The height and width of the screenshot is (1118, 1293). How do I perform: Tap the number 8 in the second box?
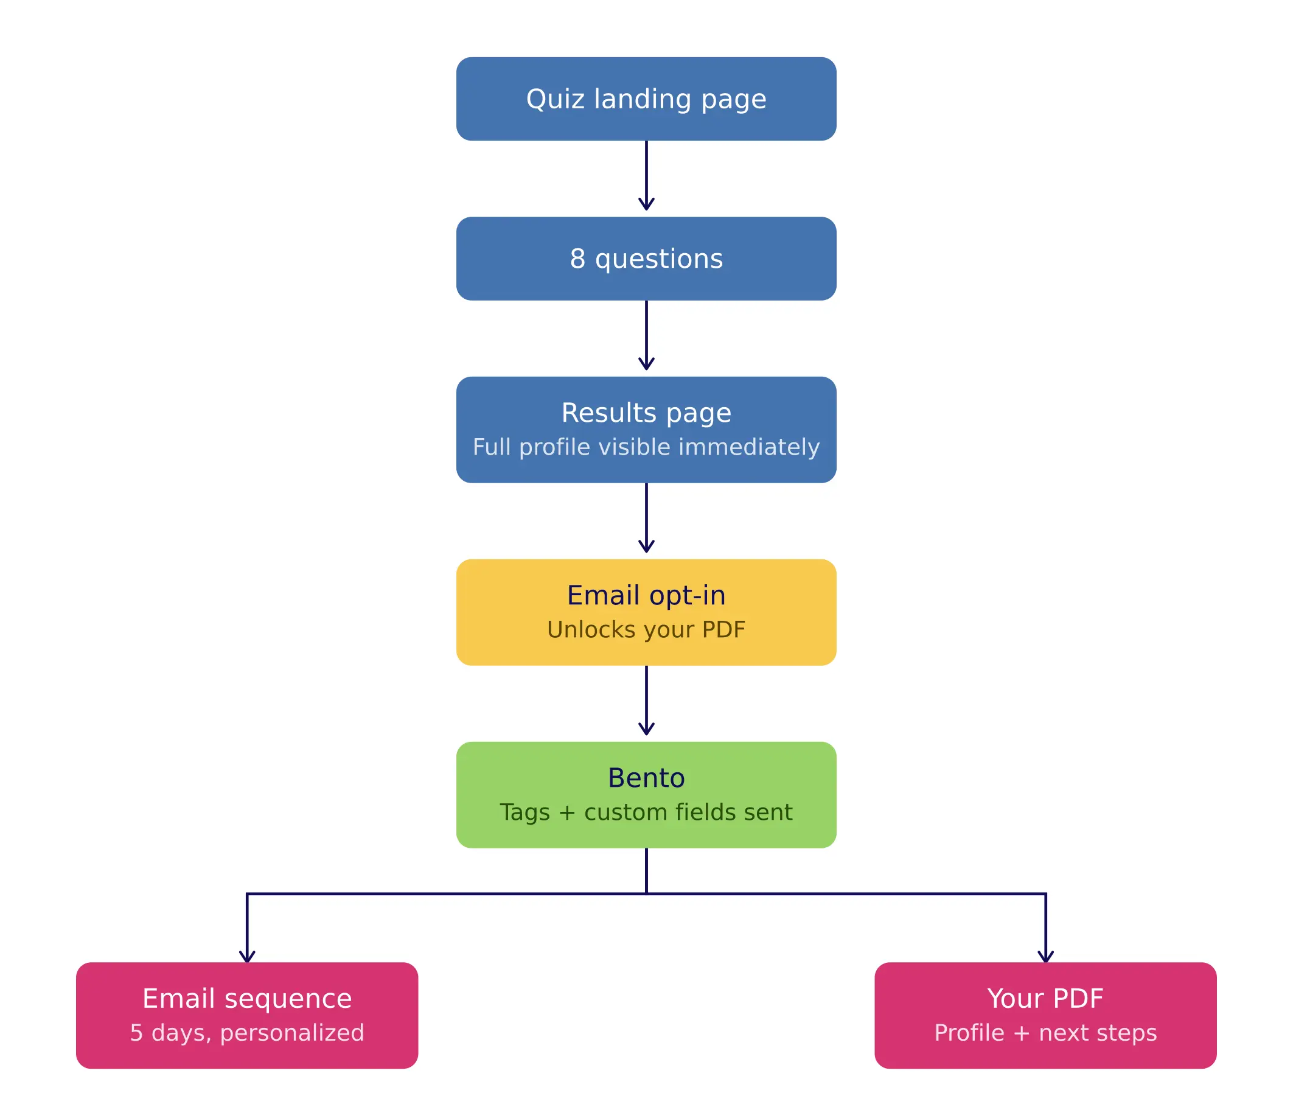[577, 259]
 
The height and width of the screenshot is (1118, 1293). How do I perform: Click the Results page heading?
[646, 413]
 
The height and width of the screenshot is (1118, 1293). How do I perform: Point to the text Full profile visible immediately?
[646, 447]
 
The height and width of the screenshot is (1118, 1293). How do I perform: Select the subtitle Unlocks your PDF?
[646, 629]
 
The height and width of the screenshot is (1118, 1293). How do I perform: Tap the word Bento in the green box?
[646, 778]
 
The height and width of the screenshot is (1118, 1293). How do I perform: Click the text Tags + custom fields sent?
[646, 812]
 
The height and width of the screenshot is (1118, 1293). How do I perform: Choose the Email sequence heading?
[247, 998]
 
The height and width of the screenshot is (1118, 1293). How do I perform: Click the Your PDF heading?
[1045, 998]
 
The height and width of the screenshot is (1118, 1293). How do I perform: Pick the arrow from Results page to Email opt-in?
[646, 518]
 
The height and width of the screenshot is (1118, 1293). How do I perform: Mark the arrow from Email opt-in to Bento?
[646, 700]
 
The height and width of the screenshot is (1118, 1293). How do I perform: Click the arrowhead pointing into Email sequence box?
[247, 955]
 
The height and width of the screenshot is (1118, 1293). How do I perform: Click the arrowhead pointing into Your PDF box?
[1045, 955]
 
